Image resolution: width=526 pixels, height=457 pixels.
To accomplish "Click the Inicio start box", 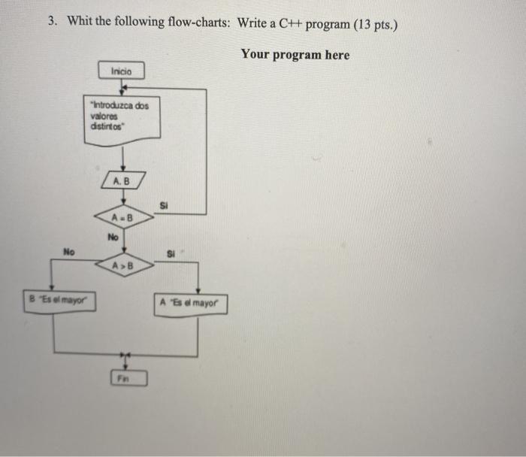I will click(x=121, y=71).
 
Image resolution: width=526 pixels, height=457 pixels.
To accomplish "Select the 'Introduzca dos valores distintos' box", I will click(x=121, y=118).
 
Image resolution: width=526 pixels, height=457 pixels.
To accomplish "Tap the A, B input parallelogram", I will click(x=121, y=181).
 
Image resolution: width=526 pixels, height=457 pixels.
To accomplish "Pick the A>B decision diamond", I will click(x=123, y=265).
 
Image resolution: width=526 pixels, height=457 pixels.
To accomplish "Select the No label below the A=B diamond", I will click(x=113, y=238).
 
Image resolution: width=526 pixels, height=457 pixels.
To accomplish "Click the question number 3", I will click(x=52, y=21).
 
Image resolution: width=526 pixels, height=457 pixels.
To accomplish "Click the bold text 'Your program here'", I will click(x=295, y=54).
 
